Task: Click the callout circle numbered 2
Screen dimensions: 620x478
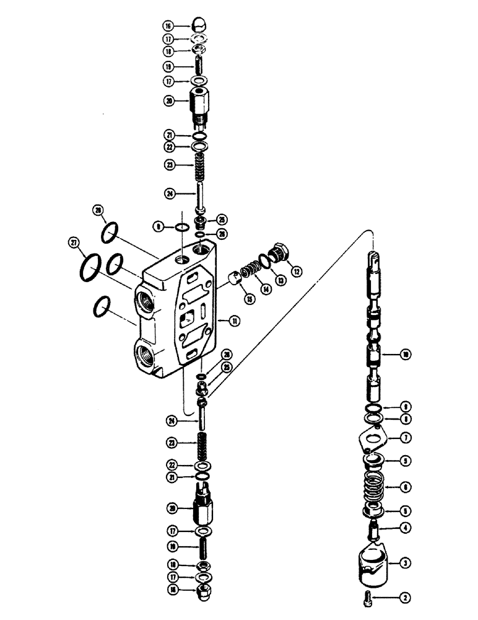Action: tap(405, 598)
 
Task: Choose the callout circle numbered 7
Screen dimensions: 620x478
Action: tap(406, 438)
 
